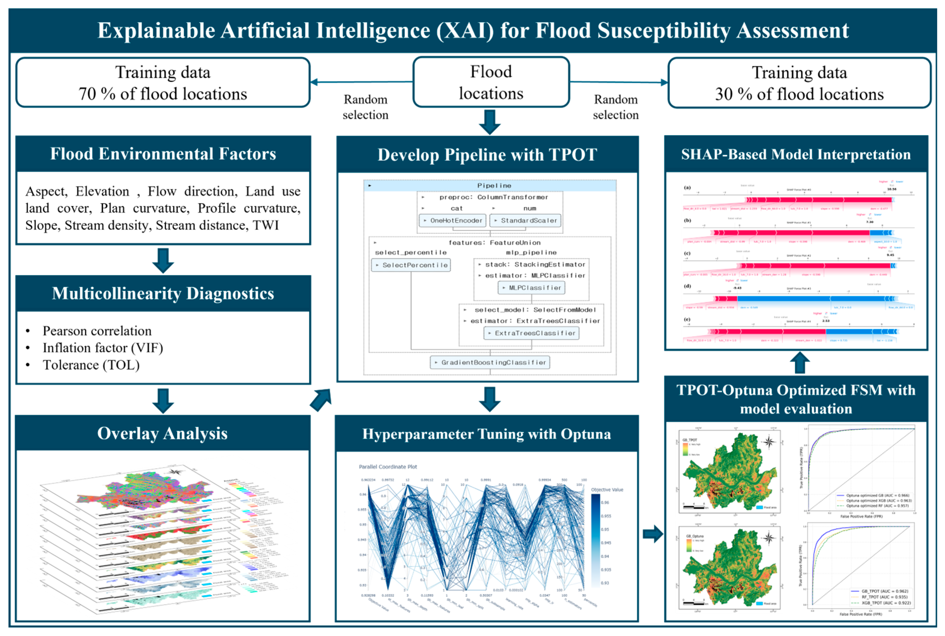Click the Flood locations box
(491, 82)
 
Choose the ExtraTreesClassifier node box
(532, 333)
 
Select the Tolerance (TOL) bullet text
(91, 365)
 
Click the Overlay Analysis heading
(162, 433)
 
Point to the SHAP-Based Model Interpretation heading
(796, 154)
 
